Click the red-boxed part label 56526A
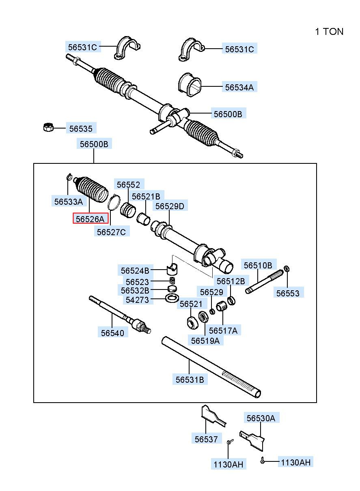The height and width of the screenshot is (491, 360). point(90,219)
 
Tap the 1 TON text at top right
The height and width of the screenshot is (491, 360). point(329,32)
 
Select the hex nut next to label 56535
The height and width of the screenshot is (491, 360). point(48,127)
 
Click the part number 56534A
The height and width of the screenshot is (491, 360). point(239,87)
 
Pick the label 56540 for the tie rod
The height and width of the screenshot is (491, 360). point(112,332)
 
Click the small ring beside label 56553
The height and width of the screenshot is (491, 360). point(287,268)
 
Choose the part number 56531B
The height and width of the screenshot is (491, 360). point(190,380)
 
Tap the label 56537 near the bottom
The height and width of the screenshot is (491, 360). point(206,439)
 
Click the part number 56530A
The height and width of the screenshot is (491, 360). point(261,418)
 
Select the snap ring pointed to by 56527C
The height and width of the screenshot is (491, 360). point(114,202)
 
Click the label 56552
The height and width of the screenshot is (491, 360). point(128,185)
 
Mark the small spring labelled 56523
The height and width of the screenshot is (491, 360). point(172,281)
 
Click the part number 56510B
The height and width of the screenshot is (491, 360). point(258,266)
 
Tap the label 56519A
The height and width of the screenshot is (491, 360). point(205,341)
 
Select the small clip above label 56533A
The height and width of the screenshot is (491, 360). point(69,177)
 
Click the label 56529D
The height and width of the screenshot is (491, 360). point(170,206)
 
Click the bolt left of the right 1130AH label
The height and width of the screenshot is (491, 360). point(263,460)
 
